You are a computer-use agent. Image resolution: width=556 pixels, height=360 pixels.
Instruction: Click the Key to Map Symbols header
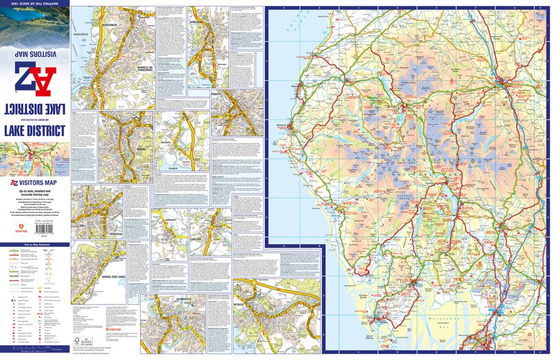click(34, 245)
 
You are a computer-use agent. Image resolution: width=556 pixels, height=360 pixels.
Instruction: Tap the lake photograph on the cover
click(34, 24)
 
